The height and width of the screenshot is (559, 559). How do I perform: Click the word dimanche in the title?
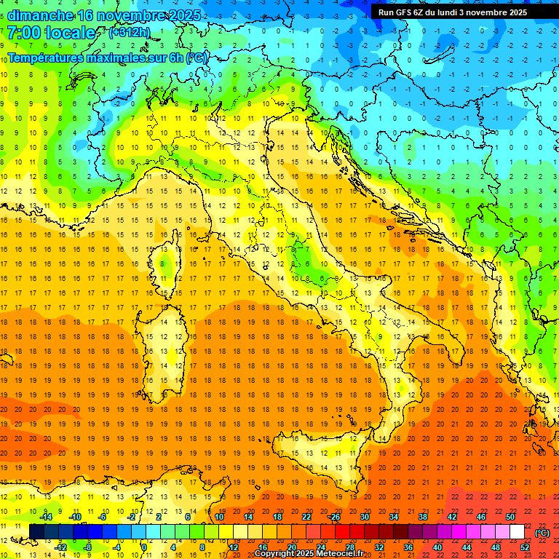(38, 15)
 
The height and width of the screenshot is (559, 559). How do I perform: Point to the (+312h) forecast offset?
(130, 33)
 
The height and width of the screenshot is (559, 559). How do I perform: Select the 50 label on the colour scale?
(510, 517)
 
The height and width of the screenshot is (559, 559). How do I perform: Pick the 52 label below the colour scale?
(524, 547)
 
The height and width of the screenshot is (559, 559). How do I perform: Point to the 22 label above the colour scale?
(306, 517)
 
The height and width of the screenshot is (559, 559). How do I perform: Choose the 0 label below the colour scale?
(144, 547)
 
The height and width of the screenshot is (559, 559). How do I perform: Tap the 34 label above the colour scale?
(394, 517)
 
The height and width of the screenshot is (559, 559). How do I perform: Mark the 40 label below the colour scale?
(437, 547)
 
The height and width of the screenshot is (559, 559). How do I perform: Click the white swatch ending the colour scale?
(517, 531)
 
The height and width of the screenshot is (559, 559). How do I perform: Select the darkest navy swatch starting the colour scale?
(36, 531)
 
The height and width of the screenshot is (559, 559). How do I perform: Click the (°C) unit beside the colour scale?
(542, 532)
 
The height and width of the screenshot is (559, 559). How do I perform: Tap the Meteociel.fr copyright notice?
(309, 554)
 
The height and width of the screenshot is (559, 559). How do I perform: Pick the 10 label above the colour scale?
(219, 517)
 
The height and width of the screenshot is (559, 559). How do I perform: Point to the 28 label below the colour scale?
(349, 547)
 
